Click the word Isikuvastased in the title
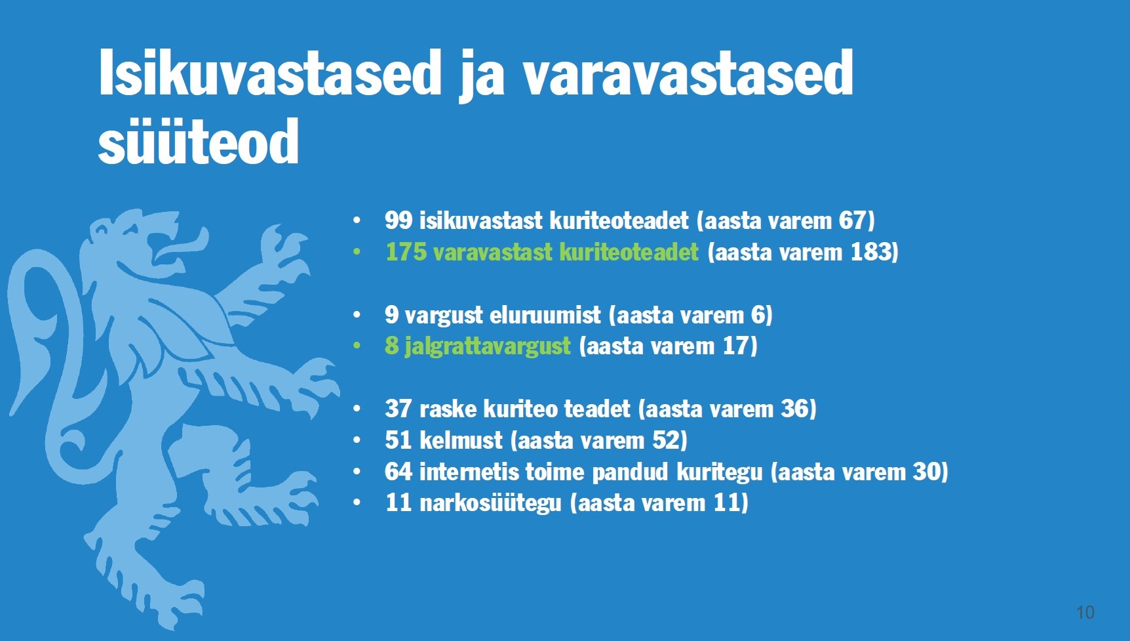tap(269, 73)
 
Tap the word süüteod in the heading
tap(199, 142)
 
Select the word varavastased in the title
tap(688, 73)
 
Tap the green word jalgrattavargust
tap(487, 346)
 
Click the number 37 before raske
tap(399, 409)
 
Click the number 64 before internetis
tap(399, 472)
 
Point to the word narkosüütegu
tap(490, 503)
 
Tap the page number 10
tap(1085, 612)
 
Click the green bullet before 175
tap(357, 252)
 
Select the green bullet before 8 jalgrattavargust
tap(357, 346)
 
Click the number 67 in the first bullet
tap(853, 220)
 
